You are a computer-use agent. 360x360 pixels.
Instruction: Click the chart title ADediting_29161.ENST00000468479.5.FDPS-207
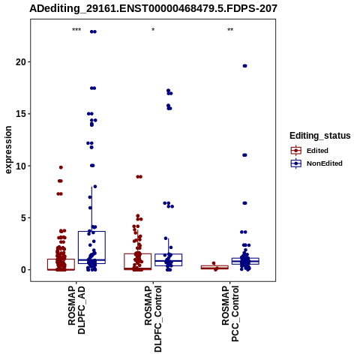[153, 8]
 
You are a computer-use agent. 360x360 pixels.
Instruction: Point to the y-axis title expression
[8, 150]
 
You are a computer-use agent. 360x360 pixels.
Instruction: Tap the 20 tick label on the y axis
[21, 61]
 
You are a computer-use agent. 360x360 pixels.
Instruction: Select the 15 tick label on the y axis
[21, 114]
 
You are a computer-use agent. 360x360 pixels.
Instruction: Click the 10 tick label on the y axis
[21, 166]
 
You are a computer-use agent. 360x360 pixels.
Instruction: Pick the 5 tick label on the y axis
[23, 217]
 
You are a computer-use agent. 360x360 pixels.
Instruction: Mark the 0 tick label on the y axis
[23, 270]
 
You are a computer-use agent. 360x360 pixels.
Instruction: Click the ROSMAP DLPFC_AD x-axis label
[76, 310]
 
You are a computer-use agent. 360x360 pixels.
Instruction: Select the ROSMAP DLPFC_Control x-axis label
[153, 319]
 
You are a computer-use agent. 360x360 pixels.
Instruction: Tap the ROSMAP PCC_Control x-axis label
[230, 313]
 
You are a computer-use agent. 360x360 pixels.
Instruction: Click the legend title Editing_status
[320, 136]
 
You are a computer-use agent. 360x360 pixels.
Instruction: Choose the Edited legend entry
[309, 151]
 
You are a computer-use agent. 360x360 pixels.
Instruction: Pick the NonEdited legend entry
[316, 163]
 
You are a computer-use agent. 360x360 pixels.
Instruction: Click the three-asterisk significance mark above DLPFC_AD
[76, 30]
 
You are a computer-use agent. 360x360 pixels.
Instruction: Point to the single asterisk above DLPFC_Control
[153, 30]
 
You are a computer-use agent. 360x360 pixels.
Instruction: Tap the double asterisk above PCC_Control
[230, 30]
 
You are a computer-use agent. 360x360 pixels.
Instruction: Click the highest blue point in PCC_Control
[244, 66]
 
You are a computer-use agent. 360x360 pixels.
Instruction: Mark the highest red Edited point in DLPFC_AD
[61, 167]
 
